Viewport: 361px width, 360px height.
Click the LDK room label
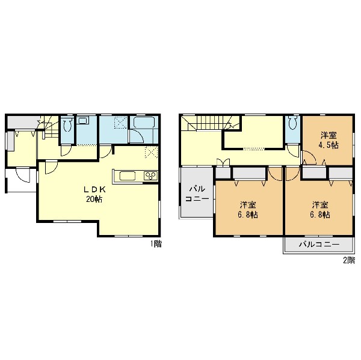(94, 189)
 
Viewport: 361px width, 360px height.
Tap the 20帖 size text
(94, 199)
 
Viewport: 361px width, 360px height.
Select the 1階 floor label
(156, 244)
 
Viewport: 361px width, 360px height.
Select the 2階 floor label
(349, 260)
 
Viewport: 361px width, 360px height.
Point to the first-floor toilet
(67, 124)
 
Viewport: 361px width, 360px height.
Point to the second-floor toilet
(292, 123)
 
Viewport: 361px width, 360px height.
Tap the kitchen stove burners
(151, 176)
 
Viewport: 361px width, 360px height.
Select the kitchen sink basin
(128, 176)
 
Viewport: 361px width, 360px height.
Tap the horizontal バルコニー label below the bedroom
(319, 244)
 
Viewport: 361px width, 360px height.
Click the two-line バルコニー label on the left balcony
(197, 194)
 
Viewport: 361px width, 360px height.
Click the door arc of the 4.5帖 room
(309, 157)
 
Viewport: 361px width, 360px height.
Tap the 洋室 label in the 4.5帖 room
(329, 135)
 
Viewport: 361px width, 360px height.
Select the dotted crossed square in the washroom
(121, 122)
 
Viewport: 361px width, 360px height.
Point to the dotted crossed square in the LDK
(151, 152)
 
